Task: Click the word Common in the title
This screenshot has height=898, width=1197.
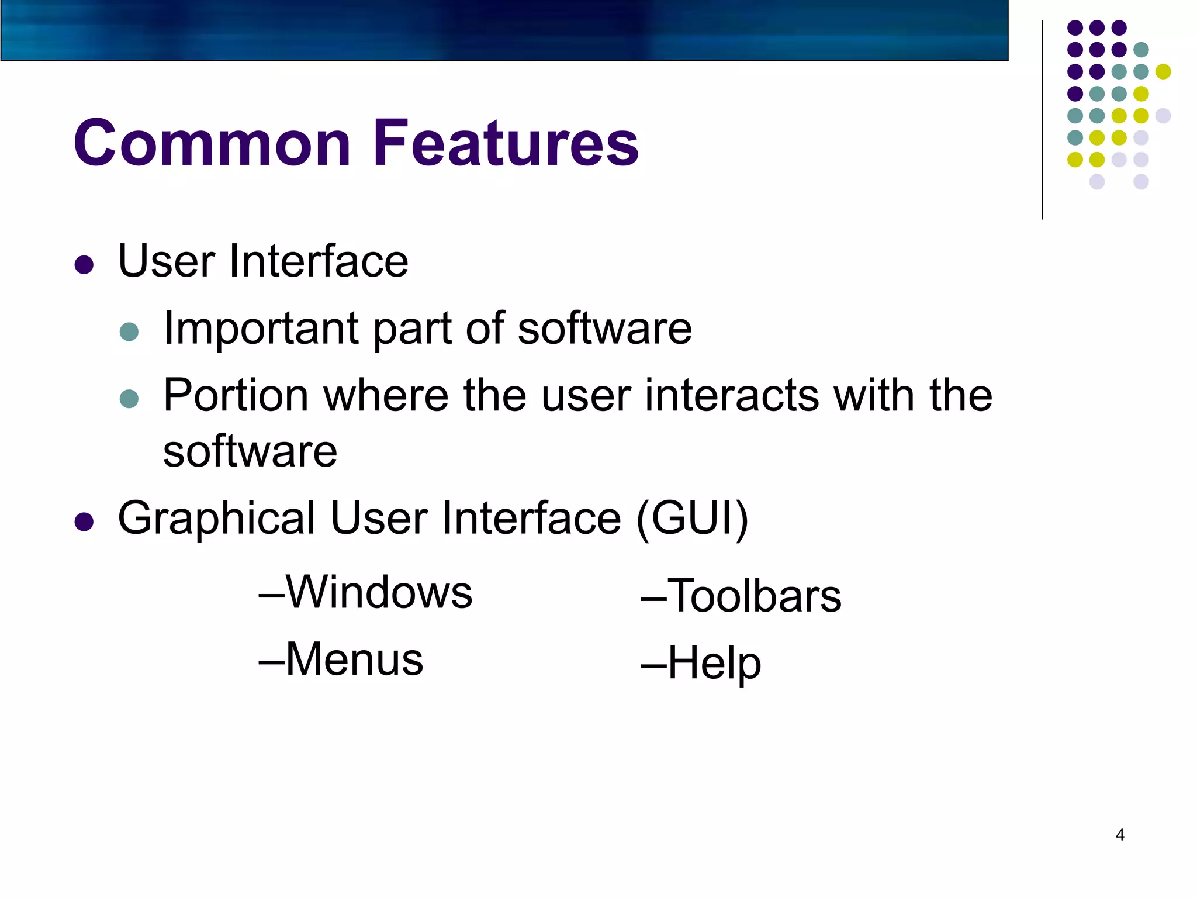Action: pos(212,143)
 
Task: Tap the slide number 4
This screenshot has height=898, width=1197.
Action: pos(1120,835)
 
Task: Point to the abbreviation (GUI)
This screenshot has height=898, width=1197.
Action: pos(692,519)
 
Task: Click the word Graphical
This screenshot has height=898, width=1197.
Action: pos(217,519)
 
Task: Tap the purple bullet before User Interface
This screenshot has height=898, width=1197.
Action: pos(84,264)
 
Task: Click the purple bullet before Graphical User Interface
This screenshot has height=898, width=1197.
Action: pos(84,521)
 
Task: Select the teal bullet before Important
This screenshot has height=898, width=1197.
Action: pos(129,332)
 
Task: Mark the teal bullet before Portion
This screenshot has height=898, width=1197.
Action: pos(129,399)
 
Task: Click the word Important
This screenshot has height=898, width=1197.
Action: pos(261,329)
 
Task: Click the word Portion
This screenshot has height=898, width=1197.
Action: pos(236,396)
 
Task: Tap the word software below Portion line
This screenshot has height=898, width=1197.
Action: pos(250,452)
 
